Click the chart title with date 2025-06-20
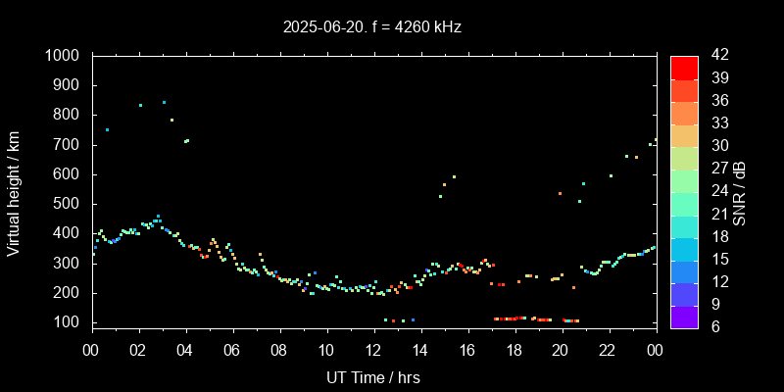click(x=372, y=27)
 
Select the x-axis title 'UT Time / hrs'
click(x=373, y=377)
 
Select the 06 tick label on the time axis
click(x=232, y=350)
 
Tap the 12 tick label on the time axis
click(x=373, y=350)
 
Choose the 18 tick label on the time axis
click(x=514, y=350)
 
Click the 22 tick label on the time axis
click(x=608, y=350)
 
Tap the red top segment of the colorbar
click(x=684, y=67)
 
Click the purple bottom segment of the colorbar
click(x=684, y=316)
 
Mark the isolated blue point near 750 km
click(x=107, y=129)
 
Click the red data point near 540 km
click(x=560, y=194)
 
